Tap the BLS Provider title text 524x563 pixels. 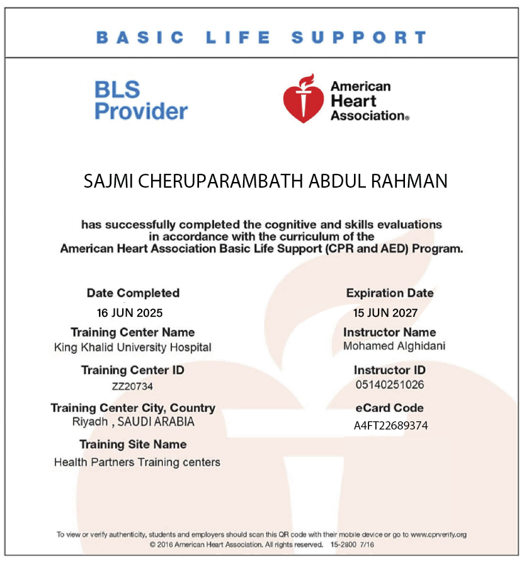coord(141,101)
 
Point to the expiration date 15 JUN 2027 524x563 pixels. coord(385,312)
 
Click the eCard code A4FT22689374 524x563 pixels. coord(390,426)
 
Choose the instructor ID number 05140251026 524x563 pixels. coord(389,385)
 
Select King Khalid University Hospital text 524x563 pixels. coord(133,347)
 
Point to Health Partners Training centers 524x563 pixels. coord(137,462)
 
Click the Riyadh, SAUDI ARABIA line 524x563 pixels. coord(134,422)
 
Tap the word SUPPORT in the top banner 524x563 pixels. coord(358,37)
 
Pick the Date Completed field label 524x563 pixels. coord(133,293)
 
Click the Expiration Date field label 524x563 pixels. coord(390,293)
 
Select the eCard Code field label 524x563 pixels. coord(389,407)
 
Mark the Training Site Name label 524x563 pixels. coord(133,445)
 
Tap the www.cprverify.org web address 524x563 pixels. coord(439,535)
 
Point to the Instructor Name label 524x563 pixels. coord(389,332)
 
